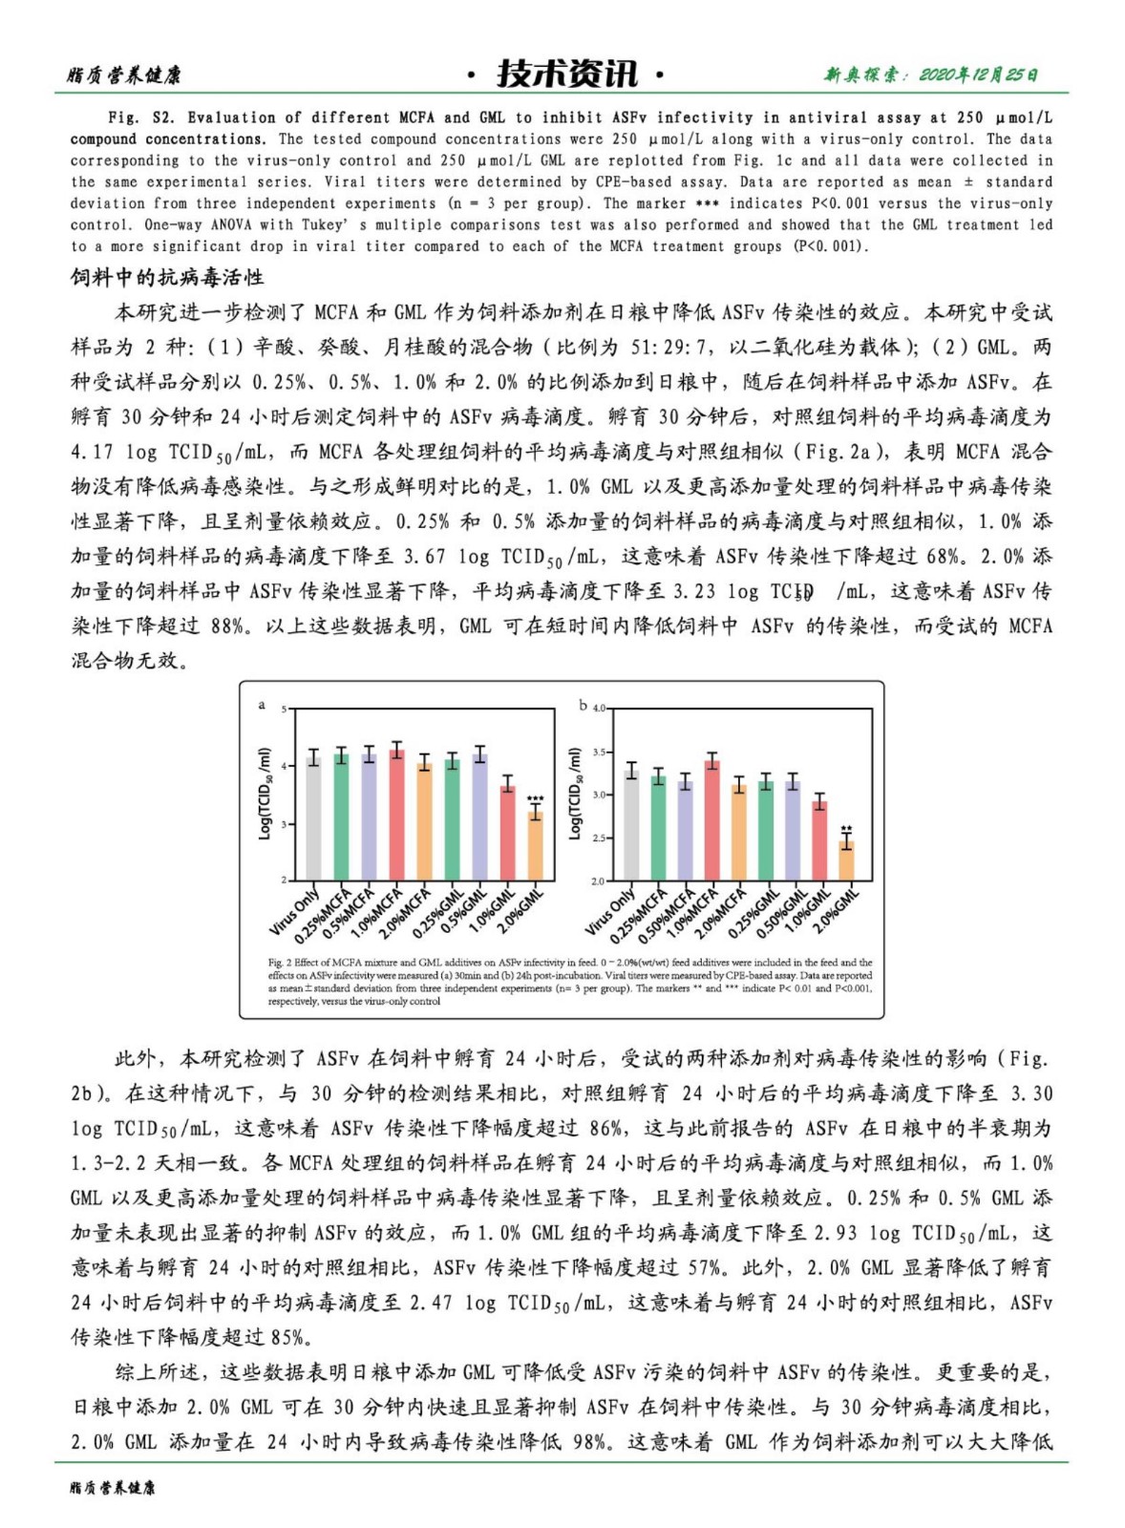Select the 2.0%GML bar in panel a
pyautogui.click(x=536, y=846)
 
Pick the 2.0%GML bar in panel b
pyautogui.click(x=846, y=859)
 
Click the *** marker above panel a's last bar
pyautogui.click(x=536, y=799)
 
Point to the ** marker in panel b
pyautogui.click(x=846, y=829)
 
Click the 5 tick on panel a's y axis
pyautogui.click(x=284, y=710)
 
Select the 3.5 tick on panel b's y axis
pyautogui.click(x=598, y=753)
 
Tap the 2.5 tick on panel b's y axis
pyautogui.click(x=598, y=838)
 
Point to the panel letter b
pyautogui.click(x=584, y=706)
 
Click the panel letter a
pyautogui.click(x=263, y=705)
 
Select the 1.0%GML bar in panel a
pyautogui.click(x=508, y=832)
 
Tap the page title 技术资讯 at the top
pyautogui.click(x=566, y=74)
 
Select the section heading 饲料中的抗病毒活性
pyautogui.click(x=167, y=278)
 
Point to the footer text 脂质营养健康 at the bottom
pyautogui.click(x=112, y=1487)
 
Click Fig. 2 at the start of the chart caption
pyautogui.click(x=280, y=963)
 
